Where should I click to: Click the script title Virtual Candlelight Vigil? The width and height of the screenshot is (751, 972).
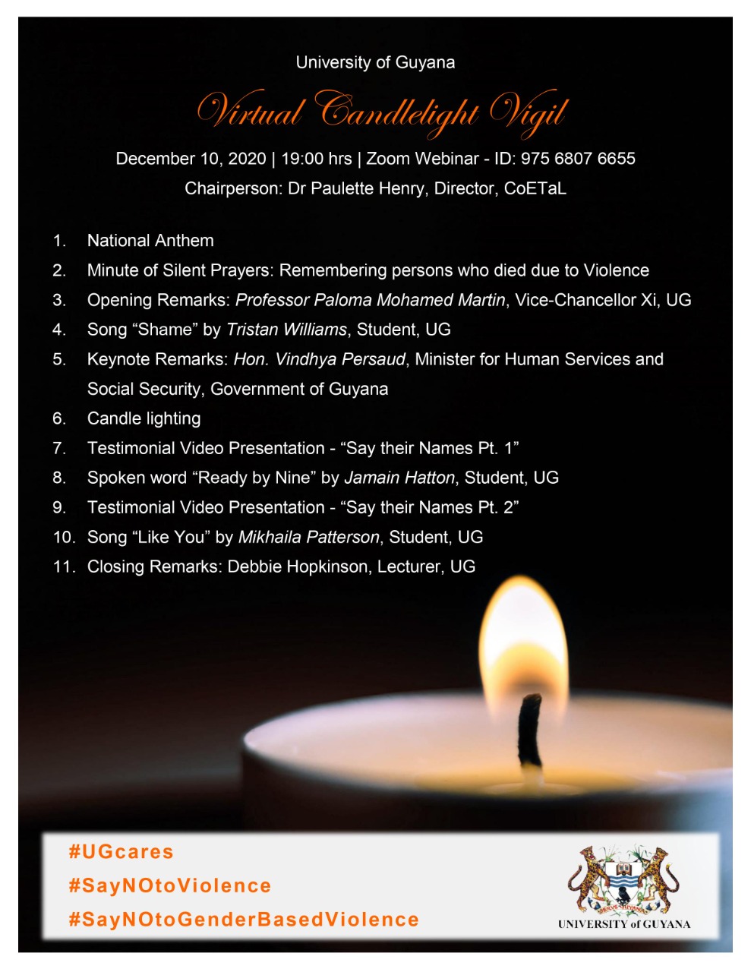(x=382, y=112)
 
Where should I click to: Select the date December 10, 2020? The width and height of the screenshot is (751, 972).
(x=191, y=159)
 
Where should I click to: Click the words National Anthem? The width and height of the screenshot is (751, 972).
(x=150, y=241)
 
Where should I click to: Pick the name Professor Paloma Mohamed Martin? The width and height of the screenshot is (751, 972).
(x=370, y=300)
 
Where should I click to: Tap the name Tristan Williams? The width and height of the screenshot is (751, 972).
(x=286, y=330)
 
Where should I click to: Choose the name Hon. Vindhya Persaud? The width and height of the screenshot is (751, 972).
(x=319, y=359)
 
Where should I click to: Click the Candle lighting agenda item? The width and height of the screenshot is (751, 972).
(x=144, y=418)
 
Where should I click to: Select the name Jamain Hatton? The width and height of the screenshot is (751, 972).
(x=399, y=478)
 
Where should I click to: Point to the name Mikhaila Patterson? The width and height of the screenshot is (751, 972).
(x=308, y=537)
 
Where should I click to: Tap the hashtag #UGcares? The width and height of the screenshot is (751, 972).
(x=121, y=851)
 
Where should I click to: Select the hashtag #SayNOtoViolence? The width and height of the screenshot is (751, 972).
(x=170, y=885)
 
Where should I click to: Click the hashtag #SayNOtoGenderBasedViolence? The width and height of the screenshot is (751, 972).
(x=244, y=920)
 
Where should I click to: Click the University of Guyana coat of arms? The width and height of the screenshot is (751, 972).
(x=623, y=880)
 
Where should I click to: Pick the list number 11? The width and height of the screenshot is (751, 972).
(x=64, y=566)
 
